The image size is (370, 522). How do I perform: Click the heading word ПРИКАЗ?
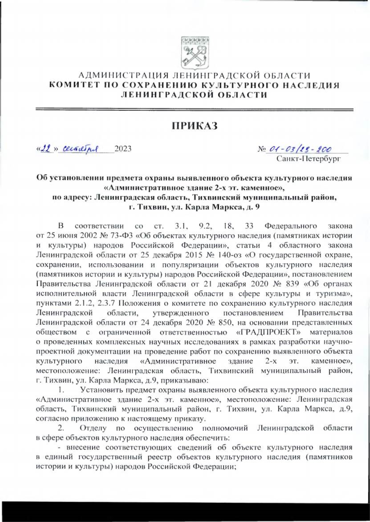pos(195,126)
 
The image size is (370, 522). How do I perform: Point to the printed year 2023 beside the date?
pos(123,149)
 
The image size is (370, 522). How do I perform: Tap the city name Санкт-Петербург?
pos(308,159)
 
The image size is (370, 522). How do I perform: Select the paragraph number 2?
pos(61,428)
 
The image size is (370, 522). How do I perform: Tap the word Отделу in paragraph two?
pos(93,428)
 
